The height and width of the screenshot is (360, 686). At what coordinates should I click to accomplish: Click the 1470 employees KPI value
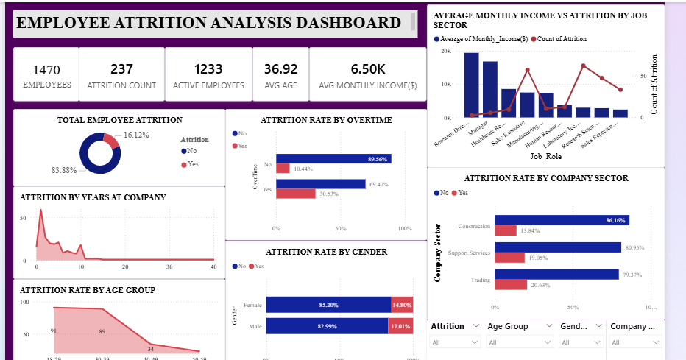(46, 70)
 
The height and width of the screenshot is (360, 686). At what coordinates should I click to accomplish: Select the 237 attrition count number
(121, 69)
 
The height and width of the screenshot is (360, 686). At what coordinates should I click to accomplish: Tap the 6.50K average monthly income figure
(367, 69)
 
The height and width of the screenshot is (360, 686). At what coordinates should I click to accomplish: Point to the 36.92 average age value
(280, 69)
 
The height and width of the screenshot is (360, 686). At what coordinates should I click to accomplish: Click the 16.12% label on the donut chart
(136, 135)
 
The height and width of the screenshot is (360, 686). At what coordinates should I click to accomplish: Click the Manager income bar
(490, 89)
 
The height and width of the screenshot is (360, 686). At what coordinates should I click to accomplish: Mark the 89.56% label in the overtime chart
(377, 159)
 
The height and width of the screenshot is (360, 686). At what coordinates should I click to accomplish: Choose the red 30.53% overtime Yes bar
(296, 194)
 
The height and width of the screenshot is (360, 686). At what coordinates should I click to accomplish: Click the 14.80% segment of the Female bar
(402, 305)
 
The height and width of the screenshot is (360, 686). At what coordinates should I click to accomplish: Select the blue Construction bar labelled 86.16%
(562, 220)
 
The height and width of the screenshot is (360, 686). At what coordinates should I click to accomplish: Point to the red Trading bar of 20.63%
(511, 284)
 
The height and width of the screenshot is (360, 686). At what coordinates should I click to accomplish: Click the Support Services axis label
(469, 253)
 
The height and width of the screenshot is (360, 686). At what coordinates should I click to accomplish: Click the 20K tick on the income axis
(446, 52)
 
